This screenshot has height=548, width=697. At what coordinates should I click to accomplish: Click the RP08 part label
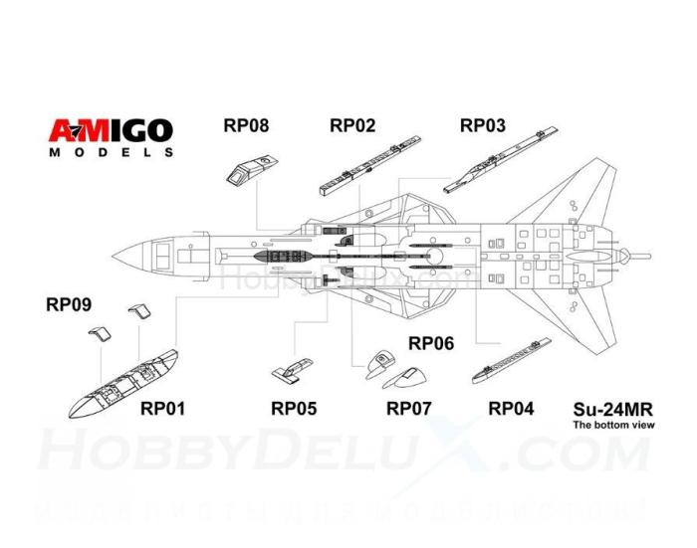(x=246, y=126)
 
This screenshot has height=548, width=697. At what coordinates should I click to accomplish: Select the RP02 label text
(x=352, y=125)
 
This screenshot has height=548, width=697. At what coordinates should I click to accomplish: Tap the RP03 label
(x=482, y=125)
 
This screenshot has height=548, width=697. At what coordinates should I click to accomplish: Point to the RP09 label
(x=69, y=304)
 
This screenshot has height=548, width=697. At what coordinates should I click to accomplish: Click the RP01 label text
(x=161, y=408)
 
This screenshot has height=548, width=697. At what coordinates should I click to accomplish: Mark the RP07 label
(x=408, y=408)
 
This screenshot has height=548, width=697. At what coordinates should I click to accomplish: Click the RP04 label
(x=510, y=408)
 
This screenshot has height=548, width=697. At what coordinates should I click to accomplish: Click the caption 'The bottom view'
(x=610, y=425)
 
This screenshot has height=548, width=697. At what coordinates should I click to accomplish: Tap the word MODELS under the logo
(x=112, y=153)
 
